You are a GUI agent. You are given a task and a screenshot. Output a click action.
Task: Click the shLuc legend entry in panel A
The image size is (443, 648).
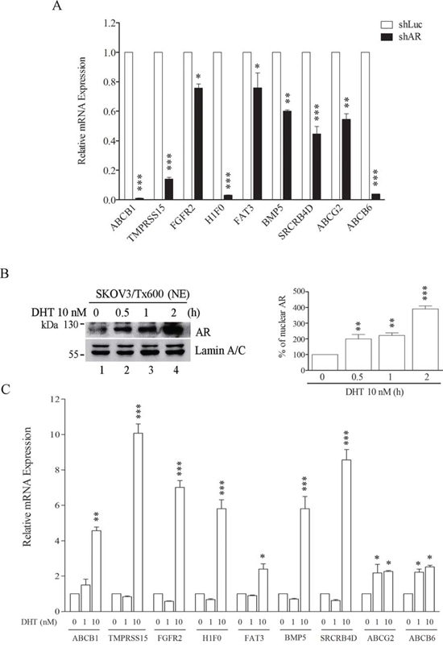400,25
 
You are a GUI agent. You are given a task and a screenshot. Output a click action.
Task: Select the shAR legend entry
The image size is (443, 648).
400,37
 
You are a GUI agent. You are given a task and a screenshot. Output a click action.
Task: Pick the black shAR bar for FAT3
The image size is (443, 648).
258,143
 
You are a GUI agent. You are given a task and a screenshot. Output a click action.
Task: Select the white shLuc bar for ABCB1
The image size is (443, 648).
128,126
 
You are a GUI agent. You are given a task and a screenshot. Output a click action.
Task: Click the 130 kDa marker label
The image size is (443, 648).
70,325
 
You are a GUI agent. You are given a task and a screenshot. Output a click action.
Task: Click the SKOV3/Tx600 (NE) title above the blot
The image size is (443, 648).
139,294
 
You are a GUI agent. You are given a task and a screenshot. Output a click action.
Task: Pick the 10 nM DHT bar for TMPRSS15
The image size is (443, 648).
138,522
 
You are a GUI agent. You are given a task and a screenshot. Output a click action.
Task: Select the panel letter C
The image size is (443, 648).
6,389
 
